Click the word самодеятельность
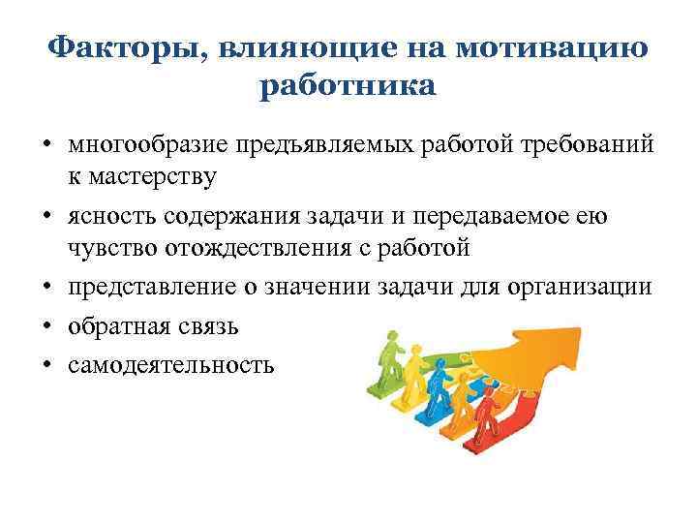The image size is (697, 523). [171, 364]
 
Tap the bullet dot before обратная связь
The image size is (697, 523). [46, 326]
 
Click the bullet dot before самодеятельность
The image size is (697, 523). [46, 365]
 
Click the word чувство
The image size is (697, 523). [106, 247]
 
